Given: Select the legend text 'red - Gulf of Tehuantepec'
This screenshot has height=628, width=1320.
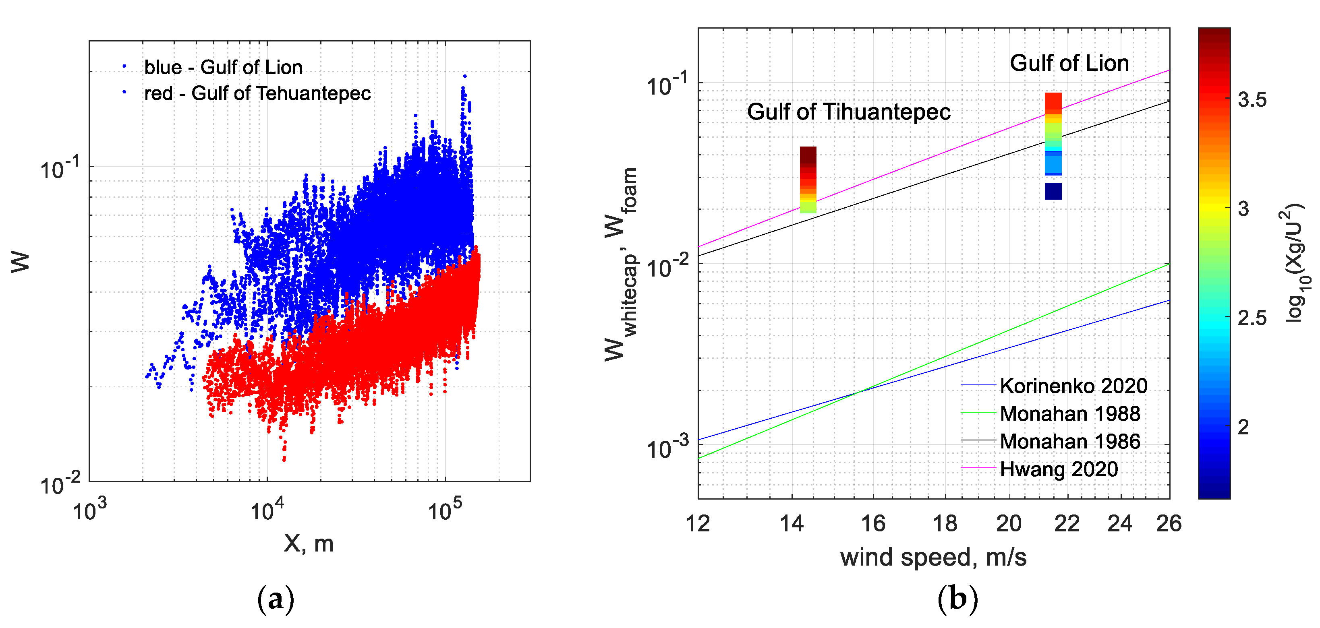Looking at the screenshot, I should [x=257, y=93].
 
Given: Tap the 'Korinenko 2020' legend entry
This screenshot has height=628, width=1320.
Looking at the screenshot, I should [x=1073, y=386].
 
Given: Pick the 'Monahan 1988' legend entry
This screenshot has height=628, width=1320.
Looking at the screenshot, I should [x=1069, y=413].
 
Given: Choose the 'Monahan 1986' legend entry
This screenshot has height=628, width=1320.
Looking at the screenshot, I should [x=1069, y=441].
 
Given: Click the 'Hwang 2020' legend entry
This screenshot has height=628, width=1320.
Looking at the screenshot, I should [x=1059, y=469].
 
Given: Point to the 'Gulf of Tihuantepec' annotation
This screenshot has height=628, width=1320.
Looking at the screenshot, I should [x=849, y=112].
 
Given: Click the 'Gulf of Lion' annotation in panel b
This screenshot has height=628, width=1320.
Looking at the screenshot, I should [x=1069, y=63].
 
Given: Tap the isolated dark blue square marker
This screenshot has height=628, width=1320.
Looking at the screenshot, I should [x=1053, y=191].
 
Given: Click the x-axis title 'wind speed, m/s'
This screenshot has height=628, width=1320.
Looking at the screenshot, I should [x=933, y=557].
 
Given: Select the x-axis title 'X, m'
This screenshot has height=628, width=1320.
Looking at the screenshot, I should [x=309, y=543].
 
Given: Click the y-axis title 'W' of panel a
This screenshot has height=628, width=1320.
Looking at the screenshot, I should [x=21, y=262].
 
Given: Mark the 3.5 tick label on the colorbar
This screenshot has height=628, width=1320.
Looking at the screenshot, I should [x=1252, y=100].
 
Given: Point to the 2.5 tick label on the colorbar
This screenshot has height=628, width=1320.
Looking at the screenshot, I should [x=1252, y=318].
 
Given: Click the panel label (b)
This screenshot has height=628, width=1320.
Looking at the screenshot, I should [x=957, y=598].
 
